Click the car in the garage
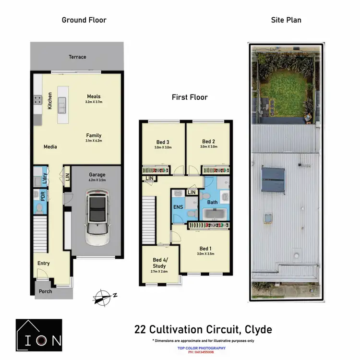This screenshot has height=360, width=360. coord(97,217)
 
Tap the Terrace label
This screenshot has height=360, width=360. coord(77,57)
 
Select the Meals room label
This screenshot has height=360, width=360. coord(94,96)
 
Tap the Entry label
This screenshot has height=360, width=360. coord(43,263)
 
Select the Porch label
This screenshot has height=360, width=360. coord(45,291)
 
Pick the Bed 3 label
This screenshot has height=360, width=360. coord(163,142)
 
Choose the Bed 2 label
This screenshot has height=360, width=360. coord(208,142)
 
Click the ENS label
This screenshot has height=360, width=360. coord(177,207)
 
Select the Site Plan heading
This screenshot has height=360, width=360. coord(286,20)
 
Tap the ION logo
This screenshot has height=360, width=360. coord(38,333)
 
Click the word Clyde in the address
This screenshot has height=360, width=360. coord(255,330)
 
